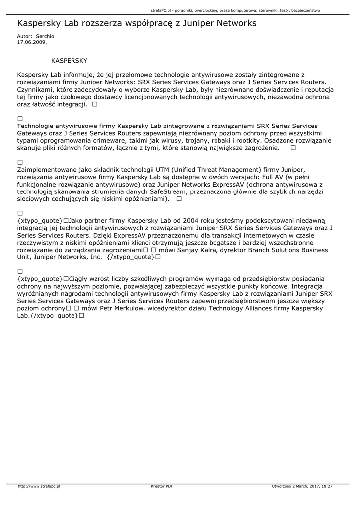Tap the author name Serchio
(x=45, y=36)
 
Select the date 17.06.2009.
(x=32, y=42)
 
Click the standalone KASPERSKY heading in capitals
(x=69, y=61)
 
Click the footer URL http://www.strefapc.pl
(x=39, y=486)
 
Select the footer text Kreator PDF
(x=162, y=486)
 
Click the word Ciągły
(x=81, y=279)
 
